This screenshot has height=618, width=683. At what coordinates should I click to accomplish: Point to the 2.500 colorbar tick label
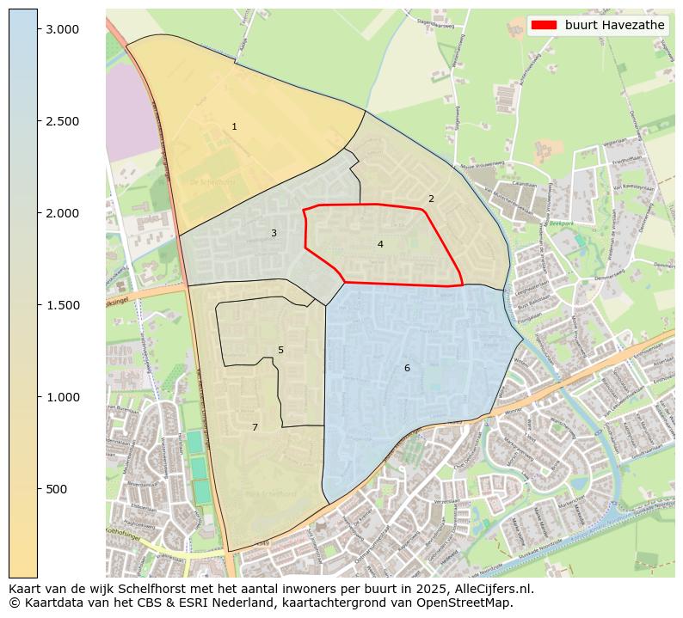[x=62, y=121]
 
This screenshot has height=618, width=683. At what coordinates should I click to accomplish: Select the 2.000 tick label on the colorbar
[x=62, y=213]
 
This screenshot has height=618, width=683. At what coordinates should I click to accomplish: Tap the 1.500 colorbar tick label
[x=62, y=305]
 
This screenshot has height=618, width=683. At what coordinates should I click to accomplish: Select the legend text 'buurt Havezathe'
[x=614, y=26]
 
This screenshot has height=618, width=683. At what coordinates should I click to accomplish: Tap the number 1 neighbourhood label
[x=234, y=127]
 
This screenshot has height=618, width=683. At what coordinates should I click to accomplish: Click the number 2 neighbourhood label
[x=431, y=199]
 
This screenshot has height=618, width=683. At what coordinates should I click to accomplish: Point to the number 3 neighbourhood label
[x=274, y=233]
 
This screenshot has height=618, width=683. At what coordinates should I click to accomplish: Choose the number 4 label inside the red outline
[x=379, y=244]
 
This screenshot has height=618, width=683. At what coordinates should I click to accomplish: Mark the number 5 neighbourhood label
[x=280, y=350]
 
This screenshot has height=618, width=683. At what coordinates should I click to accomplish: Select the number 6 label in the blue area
[x=407, y=368]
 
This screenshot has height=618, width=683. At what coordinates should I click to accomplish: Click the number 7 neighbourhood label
[x=255, y=427]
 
